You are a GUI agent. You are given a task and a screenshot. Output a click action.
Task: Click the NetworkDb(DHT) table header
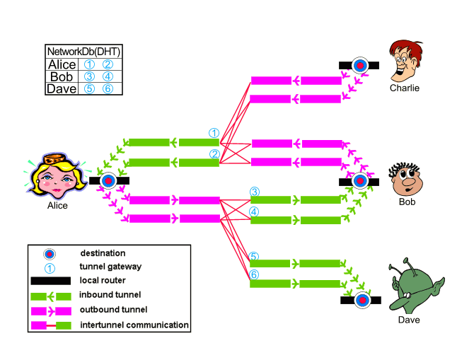[83, 51]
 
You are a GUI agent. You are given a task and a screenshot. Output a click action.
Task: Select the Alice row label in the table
[62, 64]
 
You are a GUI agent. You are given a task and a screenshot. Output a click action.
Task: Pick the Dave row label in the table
[62, 88]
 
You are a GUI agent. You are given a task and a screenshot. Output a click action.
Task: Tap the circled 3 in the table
[89, 76]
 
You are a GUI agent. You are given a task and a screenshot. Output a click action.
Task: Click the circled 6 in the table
[108, 88]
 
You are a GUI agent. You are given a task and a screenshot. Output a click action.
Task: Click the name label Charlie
[405, 88]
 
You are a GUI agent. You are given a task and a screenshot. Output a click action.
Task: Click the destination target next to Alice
[108, 180]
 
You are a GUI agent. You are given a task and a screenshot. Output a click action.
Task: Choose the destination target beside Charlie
[359, 65]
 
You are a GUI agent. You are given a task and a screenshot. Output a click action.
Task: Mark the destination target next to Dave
[362, 300]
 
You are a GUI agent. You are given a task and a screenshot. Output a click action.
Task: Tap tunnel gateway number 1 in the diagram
[214, 133]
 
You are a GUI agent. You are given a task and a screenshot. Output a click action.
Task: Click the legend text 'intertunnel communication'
[134, 325]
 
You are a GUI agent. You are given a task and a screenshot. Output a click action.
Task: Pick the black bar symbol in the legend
[50, 281]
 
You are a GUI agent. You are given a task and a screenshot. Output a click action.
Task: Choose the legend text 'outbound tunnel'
[113, 310]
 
